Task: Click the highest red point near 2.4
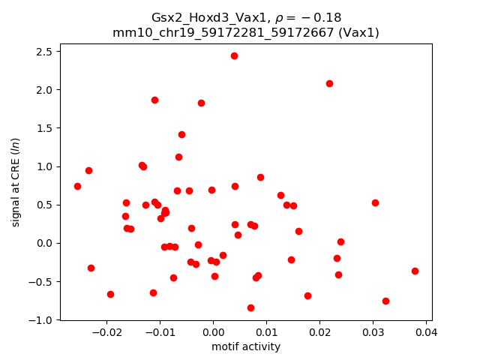(x=234, y=55)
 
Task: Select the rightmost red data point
(x=415, y=271)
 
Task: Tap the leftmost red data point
(x=77, y=186)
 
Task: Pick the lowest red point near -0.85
(x=250, y=307)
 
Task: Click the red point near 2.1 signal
(x=329, y=83)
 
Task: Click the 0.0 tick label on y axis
(x=44, y=243)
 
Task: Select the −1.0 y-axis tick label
(x=41, y=319)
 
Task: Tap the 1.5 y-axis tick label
(x=44, y=128)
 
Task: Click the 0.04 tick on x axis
(x=426, y=319)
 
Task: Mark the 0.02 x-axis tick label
(x=319, y=331)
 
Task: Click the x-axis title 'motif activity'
(x=246, y=346)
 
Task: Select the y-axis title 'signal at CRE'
(x=15, y=181)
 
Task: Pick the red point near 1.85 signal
(x=154, y=100)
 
